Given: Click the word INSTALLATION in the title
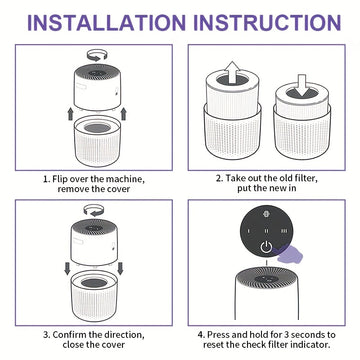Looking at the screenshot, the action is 106,22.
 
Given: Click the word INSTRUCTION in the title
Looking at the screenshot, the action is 267,22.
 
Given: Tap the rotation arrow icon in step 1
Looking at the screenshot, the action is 97,55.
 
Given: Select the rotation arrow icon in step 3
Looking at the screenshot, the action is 93,210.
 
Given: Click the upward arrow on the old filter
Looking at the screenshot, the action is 232,74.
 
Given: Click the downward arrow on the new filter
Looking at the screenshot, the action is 302,85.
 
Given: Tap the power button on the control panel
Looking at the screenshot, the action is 266,248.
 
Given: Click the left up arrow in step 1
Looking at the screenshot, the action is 70,114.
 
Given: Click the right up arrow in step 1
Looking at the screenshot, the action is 123,114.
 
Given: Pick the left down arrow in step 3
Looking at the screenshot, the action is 67,269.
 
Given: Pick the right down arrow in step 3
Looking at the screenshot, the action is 120,269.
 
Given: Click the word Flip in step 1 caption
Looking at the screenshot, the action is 59,179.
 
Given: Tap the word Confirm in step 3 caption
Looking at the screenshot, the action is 68,334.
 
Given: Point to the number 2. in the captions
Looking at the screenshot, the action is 219,178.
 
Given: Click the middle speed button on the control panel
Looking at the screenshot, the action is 266,231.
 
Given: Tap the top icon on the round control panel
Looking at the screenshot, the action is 266,214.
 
